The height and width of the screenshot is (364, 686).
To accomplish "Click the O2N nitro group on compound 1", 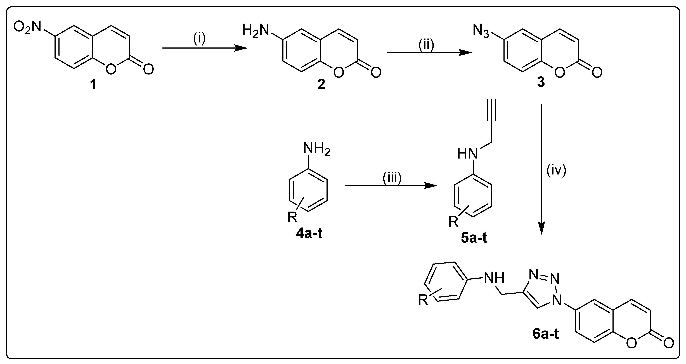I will coord(27,28).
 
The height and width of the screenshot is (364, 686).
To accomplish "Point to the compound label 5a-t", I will coord(474,238).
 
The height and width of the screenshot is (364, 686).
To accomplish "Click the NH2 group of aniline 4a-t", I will coord(316,150).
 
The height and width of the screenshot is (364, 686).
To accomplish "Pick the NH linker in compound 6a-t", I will coord(494,279).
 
